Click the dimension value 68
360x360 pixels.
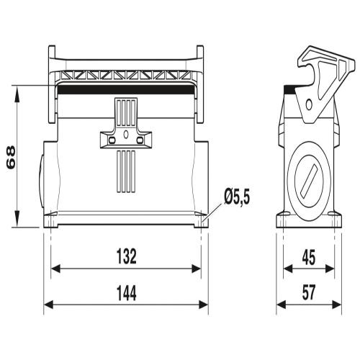(x=11, y=158)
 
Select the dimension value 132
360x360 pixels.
(x=127, y=256)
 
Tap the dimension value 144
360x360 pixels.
(x=127, y=293)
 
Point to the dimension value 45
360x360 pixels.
(x=309, y=258)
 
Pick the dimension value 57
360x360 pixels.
(x=309, y=293)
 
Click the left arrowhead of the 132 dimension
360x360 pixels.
(x=55, y=269)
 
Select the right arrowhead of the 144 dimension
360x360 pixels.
(x=204, y=305)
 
